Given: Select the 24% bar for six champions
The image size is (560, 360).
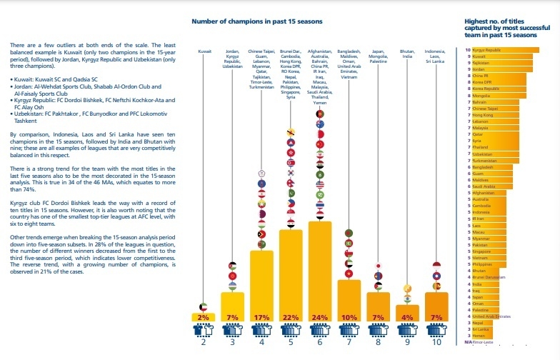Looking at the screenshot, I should (x=320, y=271).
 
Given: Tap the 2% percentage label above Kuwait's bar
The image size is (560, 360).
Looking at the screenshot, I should (x=204, y=317).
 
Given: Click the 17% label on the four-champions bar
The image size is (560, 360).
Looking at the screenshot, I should (x=261, y=317).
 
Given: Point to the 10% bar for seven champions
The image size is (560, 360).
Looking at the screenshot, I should (x=349, y=300).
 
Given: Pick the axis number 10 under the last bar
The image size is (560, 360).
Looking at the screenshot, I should (x=436, y=343).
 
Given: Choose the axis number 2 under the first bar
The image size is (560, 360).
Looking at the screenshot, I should (x=204, y=343).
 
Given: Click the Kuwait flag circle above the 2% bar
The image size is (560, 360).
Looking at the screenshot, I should (x=204, y=306).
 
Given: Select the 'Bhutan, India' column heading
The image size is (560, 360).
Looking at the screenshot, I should (x=407, y=54).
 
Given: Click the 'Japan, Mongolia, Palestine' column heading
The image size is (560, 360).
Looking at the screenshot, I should (x=378, y=57).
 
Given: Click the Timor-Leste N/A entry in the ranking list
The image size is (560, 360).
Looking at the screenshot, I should (x=479, y=343).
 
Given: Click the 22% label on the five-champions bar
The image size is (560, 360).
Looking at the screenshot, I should (x=291, y=317).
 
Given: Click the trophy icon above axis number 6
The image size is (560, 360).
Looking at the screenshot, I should (x=320, y=330).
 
